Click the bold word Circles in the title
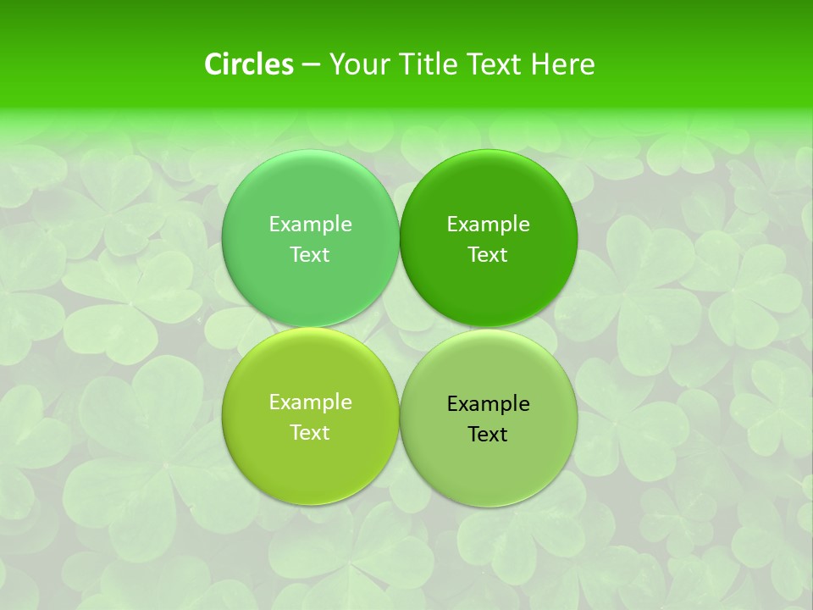click(x=249, y=64)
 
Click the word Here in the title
click(x=562, y=64)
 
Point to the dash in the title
click(x=311, y=65)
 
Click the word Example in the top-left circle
click(x=310, y=225)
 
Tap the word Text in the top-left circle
click(x=310, y=255)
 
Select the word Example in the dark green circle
click(x=488, y=225)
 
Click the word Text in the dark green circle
click(x=488, y=255)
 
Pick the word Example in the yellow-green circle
click(x=310, y=402)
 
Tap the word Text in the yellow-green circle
click(x=310, y=433)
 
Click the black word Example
click(x=488, y=404)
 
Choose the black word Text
click(x=488, y=435)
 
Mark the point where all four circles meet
click(x=400, y=328)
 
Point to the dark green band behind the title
click(x=102, y=51)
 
